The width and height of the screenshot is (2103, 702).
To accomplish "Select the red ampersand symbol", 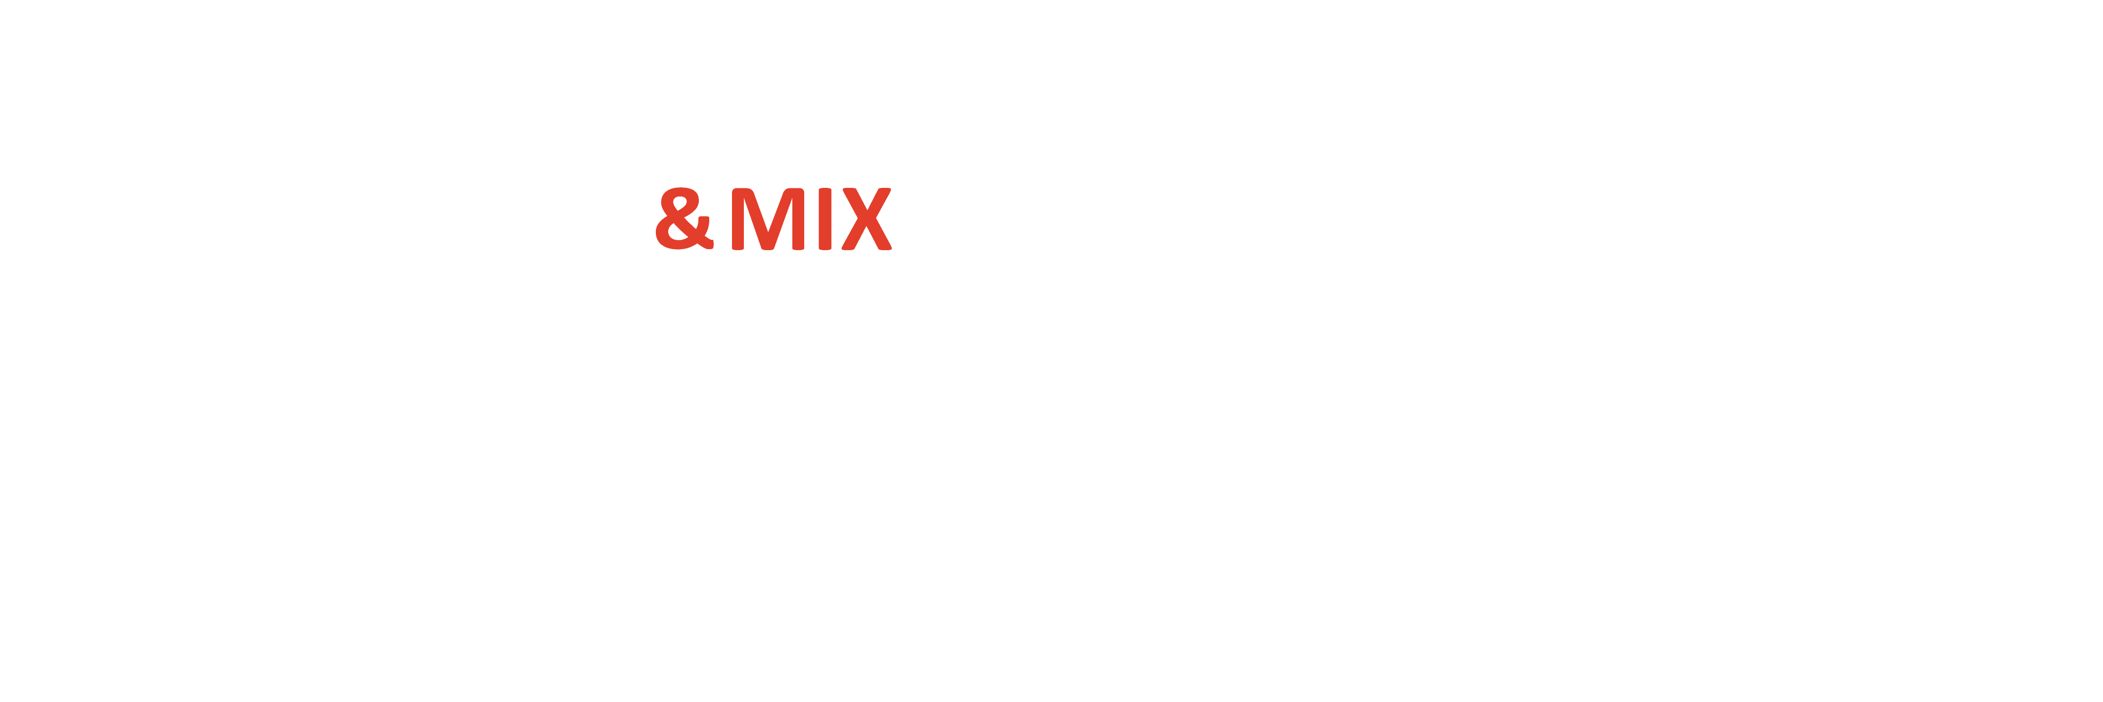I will click(x=684, y=219).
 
